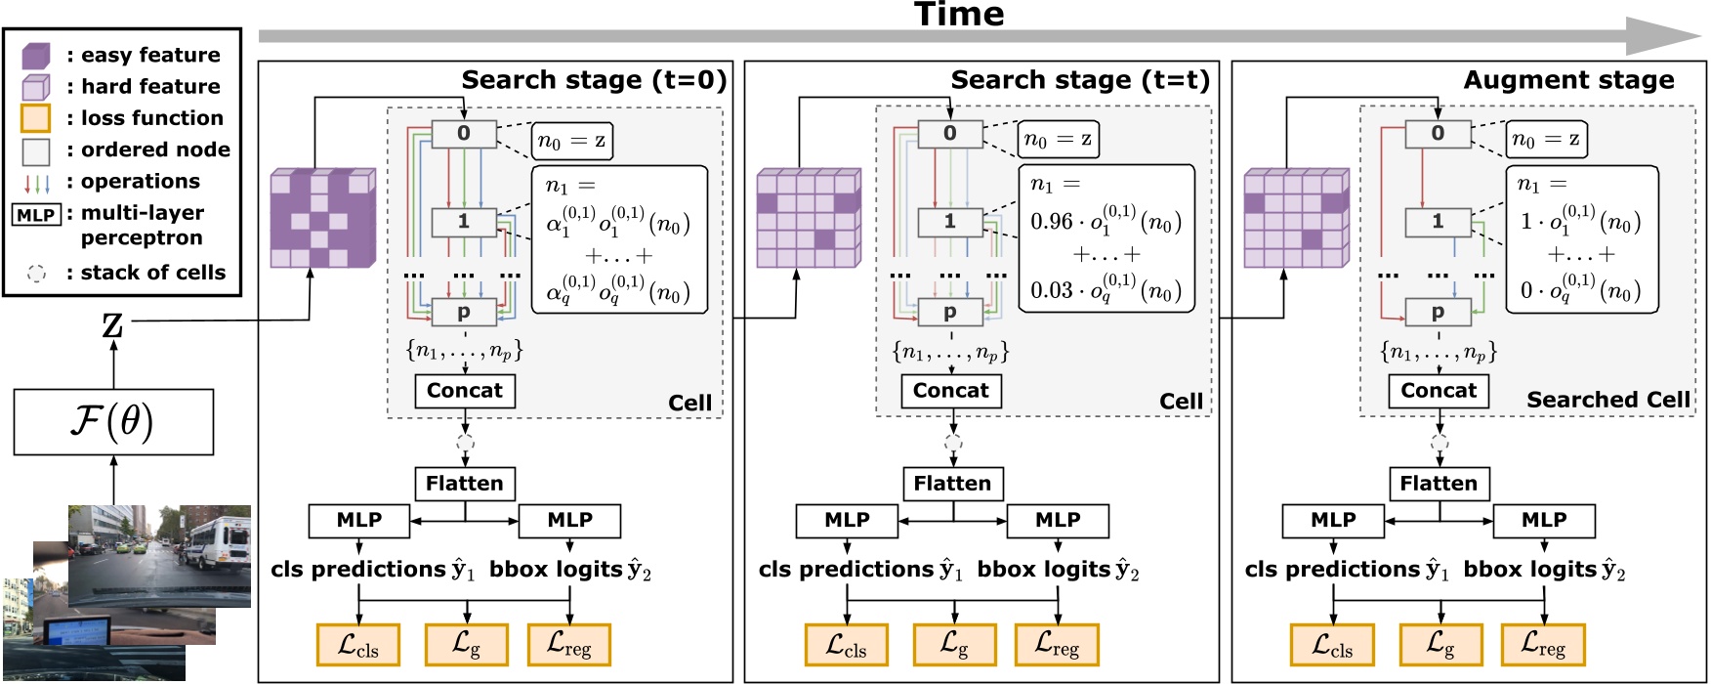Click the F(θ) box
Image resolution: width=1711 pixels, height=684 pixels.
pos(113,422)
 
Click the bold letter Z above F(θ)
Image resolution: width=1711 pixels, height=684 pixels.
pos(113,324)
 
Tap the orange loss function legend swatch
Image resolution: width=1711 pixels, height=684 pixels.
pos(35,118)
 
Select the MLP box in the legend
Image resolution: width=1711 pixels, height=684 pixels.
pos(36,214)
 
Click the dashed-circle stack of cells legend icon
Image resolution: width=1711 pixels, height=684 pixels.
pos(36,274)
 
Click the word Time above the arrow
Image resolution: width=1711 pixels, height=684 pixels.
pos(958,15)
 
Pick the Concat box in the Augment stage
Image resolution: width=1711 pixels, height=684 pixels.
pos(1439,391)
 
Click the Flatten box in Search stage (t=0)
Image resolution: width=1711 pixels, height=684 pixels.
pos(464,484)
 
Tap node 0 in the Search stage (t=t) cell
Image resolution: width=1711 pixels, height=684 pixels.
pos(950,134)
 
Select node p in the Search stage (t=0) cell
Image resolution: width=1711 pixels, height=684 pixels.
pos(464,313)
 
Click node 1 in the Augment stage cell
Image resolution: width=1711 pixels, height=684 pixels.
pos(1438,222)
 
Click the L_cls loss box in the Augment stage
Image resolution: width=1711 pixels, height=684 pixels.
pos(1332,645)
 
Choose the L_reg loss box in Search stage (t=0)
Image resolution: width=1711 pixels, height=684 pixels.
pos(568,645)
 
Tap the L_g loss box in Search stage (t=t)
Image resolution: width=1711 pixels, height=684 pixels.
pos(954,645)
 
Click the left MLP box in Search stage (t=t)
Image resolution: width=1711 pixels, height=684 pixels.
pos(847,521)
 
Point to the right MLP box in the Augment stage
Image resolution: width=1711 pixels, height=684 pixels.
pos(1543,521)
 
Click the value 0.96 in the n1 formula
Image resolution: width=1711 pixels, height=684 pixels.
pos(1052,222)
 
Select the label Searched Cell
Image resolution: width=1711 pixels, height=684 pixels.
pos(1607,400)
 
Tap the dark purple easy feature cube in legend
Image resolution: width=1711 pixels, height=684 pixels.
pos(35,56)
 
